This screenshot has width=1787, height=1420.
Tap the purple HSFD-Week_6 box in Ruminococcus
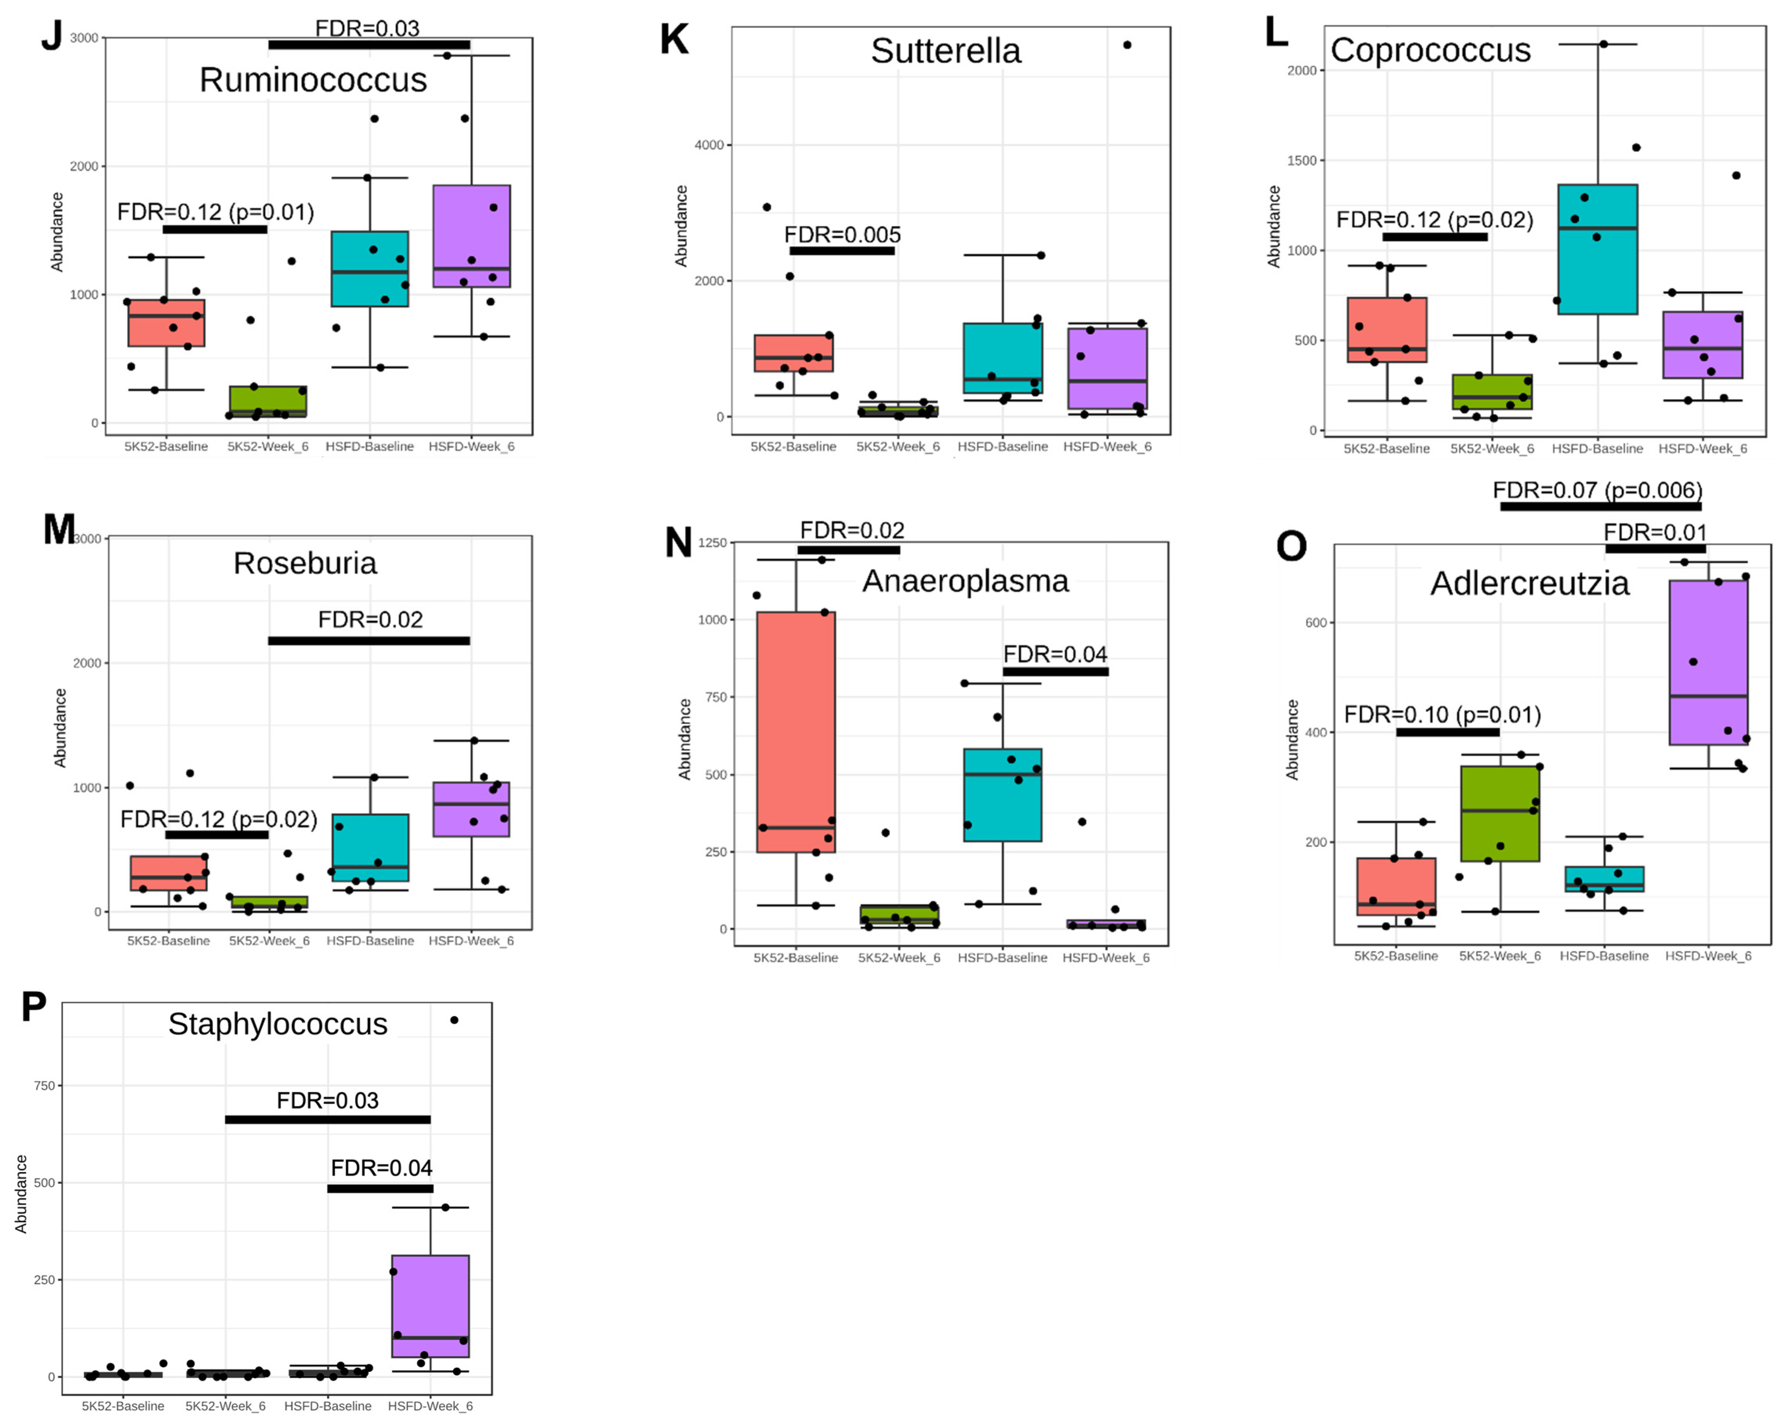[471, 236]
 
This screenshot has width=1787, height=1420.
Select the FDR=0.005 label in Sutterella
[842, 235]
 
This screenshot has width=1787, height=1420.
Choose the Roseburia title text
[305, 564]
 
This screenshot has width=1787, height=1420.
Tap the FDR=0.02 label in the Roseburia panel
[370, 620]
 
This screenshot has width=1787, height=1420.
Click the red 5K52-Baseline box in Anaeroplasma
[796, 732]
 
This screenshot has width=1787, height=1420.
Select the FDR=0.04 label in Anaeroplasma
[1055, 654]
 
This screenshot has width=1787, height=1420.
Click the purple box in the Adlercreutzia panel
[1708, 662]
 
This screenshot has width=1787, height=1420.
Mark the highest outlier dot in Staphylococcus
[454, 1020]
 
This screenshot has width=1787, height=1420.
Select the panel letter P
[34, 1007]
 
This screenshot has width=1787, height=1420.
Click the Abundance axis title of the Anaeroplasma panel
[685, 739]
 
